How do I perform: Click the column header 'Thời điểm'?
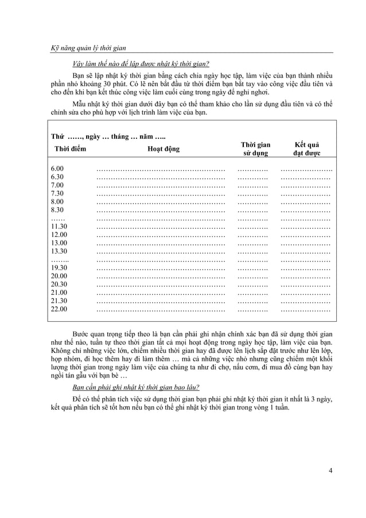pyautogui.click(x=70, y=149)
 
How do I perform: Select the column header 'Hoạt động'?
pyautogui.click(x=161, y=149)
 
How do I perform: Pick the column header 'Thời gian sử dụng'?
pyautogui.click(x=255, y=149)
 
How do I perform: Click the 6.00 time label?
pyautogui.click(x=57, y=168)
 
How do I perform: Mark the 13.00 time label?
pyautogui.click(x=59, y=243)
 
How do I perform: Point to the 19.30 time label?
pyautogui.click(x=59, y=268)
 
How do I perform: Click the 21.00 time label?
pyautogui.click(x=59, y=293)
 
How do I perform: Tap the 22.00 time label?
pyautogui.click(x=59, y=309)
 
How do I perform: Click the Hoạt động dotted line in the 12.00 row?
pyautogui.click(x=160, y=235)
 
